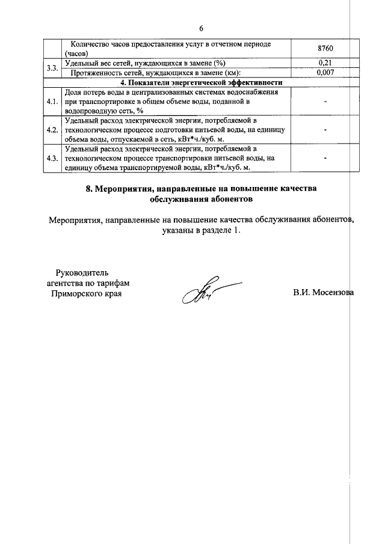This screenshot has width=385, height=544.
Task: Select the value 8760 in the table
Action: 325,49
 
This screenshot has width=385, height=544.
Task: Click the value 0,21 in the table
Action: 325,63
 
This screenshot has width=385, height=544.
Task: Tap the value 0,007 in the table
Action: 325,73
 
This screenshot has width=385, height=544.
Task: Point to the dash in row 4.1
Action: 325,102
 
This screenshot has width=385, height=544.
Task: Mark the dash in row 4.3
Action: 325,158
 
